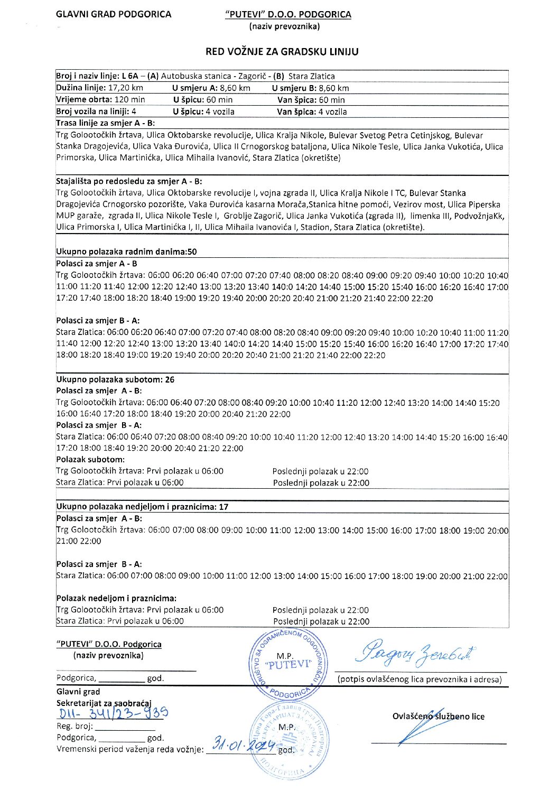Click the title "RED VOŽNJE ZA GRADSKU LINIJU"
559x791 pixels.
point(282,52)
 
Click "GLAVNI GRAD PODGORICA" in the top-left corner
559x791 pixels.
point(114,14)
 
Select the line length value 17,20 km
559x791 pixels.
point(126,88)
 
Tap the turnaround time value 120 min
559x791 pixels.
point(130,99)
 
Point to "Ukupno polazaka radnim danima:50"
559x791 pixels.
point(126,252)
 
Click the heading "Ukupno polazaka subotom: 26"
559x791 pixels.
point(115,379)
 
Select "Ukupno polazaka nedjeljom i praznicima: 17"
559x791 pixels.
point(142,507)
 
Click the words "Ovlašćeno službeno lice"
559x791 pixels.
point(438,716)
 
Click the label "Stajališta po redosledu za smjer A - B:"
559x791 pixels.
point(129,181)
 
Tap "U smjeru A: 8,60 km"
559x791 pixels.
point(211,88)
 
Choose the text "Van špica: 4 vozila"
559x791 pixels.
point(312,111)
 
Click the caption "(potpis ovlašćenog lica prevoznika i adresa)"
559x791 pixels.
point(420,680)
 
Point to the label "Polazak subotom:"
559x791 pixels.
point(90,459)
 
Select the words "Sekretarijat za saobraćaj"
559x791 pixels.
point(104,703)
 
